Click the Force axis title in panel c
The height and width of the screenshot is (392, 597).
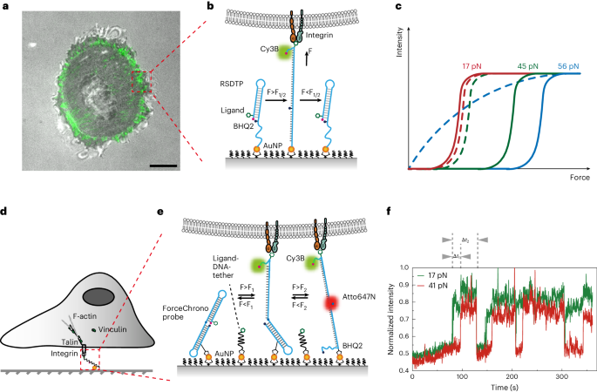coord(571,180)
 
